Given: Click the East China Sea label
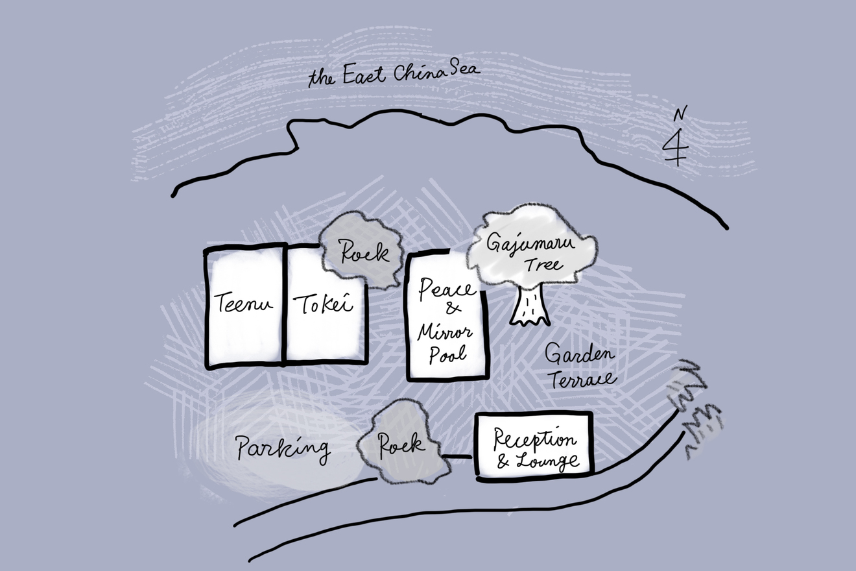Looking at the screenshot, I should point(394,75).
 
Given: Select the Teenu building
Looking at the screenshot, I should point(244,305).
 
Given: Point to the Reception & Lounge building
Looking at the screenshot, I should point(535,446).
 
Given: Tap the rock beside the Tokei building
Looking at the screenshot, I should point(361,251).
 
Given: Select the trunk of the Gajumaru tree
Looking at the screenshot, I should point(530,305).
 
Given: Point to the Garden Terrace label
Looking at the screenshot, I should point(579,367).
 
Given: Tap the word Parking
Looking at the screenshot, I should point(283,448).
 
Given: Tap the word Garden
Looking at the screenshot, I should point(578,355).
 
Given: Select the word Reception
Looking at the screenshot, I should point(534,439).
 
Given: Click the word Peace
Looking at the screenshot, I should point(447,289).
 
